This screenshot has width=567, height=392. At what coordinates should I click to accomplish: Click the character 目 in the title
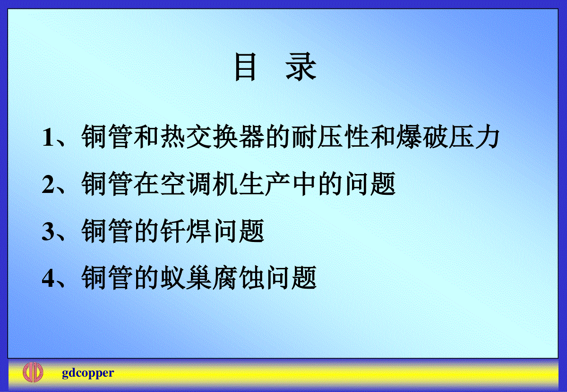(245, 67)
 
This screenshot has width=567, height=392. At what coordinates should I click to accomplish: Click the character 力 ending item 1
(487, 136)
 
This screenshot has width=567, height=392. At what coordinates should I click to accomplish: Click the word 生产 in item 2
(265, 184)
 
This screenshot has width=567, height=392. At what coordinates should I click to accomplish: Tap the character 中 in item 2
(304, 184)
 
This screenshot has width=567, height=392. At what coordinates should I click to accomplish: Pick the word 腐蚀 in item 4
(239, 278)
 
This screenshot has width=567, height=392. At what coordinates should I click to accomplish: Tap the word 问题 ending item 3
(239, 231)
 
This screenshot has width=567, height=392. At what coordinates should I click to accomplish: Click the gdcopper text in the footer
(88, 373)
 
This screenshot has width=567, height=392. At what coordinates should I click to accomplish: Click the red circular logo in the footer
(33, 372)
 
